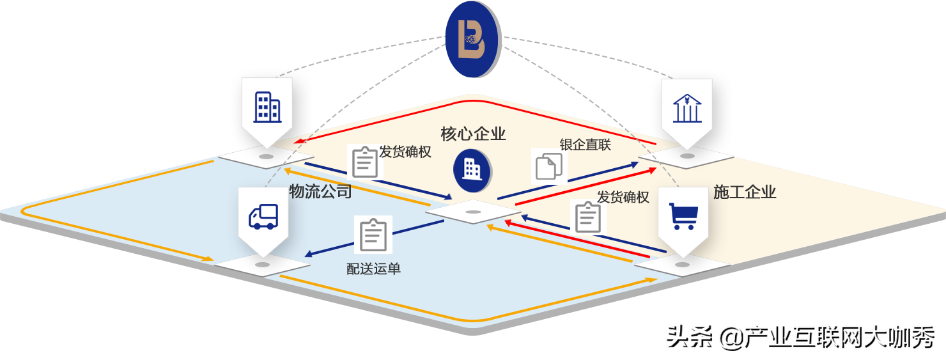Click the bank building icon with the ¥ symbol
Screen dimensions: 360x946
pos(686,108)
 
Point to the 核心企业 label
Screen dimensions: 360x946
pos(473,134)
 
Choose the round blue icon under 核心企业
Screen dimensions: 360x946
pos(472,168)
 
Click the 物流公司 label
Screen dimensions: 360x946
pos(320,191)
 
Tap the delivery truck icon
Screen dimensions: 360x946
pos(263,217)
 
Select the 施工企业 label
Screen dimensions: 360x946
pos(745,192)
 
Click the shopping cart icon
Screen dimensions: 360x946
pos(682,216)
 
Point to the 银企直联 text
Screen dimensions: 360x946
pos(585,145)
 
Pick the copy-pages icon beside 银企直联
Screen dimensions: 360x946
pos(549,166)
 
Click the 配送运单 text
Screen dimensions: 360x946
pos(373,269)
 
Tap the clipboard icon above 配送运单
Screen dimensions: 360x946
pos(373,235)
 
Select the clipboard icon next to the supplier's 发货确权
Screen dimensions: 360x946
pos(366,162)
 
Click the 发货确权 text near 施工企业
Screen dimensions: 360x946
pos(623,197)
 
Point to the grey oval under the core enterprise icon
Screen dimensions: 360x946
pos(473,212)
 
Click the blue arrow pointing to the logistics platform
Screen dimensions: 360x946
pos(308,254)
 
